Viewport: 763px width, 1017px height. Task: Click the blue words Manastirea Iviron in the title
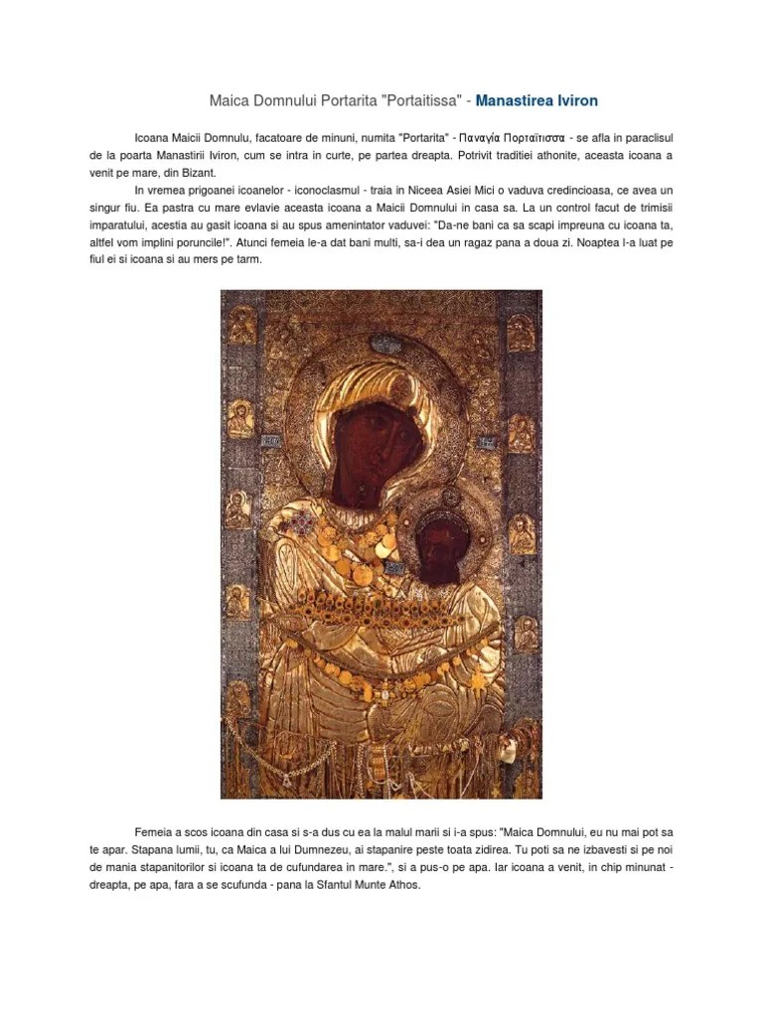click(536, 101)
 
